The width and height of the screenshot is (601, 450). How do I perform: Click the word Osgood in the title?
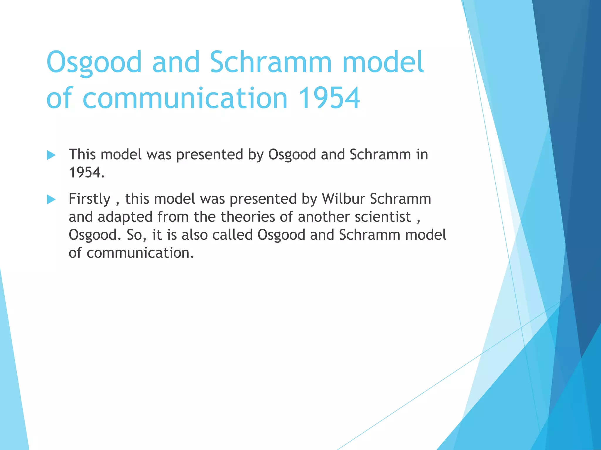pos(94,62)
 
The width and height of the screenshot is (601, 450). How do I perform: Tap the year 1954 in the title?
pos(329,98)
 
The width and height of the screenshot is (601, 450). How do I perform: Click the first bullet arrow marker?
pos(51,155)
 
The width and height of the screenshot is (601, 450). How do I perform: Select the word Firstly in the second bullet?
pos(90,199)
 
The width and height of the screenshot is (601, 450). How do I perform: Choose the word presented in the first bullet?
pos(210,155)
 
